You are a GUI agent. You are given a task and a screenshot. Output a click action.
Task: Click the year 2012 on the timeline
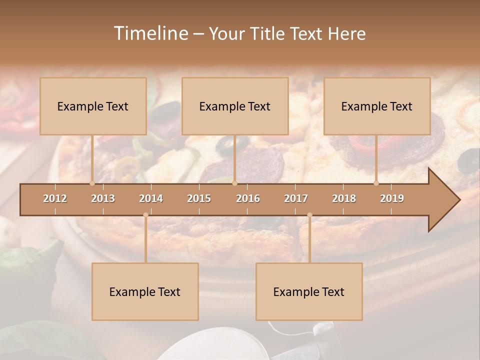click(x=55, y=198)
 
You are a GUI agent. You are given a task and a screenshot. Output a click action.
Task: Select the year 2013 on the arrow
click(x=103, y=198)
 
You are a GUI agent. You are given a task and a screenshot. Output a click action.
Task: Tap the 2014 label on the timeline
click(x=151, y=198)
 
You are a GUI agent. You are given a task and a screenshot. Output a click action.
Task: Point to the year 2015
click(x=199, y=198)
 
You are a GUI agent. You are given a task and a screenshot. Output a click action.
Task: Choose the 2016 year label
click(x=248, y=198)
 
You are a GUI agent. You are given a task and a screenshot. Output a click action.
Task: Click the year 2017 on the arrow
click(x=296, y=198)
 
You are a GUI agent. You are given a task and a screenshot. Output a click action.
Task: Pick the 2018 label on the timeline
click(x=344, y=198)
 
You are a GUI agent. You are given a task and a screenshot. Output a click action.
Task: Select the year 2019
click(x=392, y=198)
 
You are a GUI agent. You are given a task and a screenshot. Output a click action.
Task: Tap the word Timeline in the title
click(x=150, y=33)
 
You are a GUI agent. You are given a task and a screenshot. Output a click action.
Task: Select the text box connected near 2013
click(x=93, y=106)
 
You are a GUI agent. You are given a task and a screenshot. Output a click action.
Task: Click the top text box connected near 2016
click(x=235, y=106)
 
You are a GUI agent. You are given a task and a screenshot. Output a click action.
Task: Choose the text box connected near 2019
click(x=377, y=106)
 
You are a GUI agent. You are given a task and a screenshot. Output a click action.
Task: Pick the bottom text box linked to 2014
click(x=145, y=291)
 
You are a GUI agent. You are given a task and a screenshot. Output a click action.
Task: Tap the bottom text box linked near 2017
click(x=309, y=291)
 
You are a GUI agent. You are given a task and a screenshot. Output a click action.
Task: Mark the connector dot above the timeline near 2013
click(x=92, y=183)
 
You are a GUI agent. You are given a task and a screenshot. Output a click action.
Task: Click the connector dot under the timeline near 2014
click(x=145, y=215)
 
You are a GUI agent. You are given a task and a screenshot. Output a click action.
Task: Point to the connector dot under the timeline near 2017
click(x=309, y=215)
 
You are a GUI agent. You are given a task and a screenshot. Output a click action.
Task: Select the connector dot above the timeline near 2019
click(x=376, y=183)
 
